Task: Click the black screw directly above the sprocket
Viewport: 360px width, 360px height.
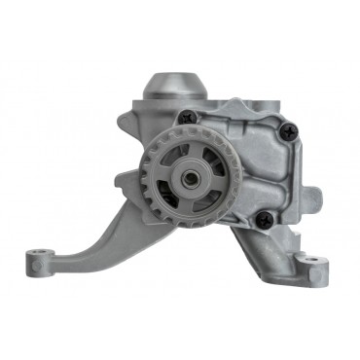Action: [189, 117]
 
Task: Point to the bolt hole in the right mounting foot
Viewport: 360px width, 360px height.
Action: [309, 261]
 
